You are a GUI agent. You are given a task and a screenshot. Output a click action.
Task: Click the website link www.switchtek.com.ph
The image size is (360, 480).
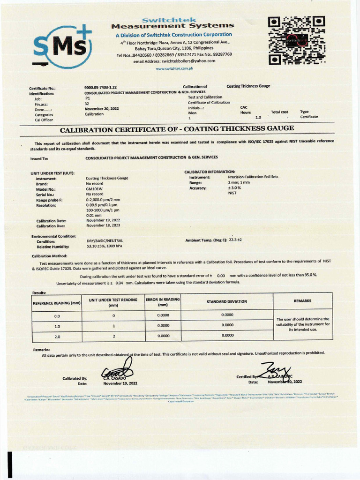pos(174,68)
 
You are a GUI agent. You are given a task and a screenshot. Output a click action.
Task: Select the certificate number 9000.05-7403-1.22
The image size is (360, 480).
pos(100,87)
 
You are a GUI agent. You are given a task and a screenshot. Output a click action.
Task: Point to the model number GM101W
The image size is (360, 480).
pos(95,189)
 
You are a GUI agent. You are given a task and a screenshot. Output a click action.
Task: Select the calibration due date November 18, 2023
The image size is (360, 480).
pos(103,225)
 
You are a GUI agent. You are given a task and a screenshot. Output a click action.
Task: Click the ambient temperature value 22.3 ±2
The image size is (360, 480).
pos(235,240)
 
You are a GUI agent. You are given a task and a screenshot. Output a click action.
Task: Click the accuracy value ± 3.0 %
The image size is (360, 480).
pos(234,187)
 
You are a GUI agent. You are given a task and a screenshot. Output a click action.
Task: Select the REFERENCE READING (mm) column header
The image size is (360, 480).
pos(57,303)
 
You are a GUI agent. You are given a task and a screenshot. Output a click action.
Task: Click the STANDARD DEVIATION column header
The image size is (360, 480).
pos(227,301)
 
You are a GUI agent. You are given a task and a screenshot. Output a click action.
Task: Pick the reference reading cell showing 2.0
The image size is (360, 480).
pos(57,336)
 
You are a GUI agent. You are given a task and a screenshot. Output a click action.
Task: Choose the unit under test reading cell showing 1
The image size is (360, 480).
pos(113,326)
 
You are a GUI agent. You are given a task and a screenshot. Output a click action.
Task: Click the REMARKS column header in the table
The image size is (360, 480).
pos(302,301)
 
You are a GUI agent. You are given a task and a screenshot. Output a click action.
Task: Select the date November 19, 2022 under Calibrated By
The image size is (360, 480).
pos(120,383)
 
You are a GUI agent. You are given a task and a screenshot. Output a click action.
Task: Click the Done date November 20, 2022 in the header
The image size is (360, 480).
pos(102,108)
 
